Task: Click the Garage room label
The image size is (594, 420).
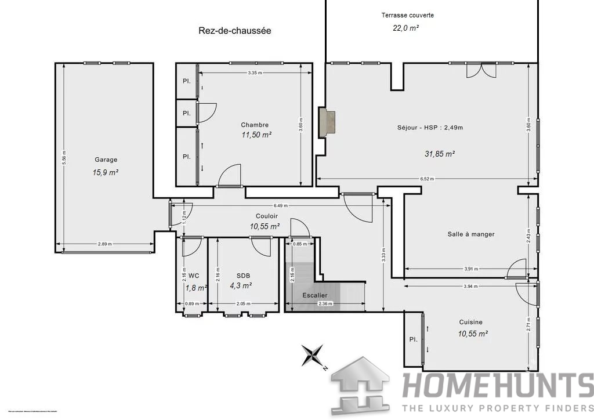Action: [106, 160]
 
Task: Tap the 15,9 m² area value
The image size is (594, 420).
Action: [106, 172]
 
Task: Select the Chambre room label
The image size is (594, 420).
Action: [255, 125]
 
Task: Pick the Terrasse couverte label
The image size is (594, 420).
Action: [408, 15]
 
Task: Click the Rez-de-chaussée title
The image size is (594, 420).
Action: [234, 31]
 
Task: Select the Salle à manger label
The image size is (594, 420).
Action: [471, 234]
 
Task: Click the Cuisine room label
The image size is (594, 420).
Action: [471, 322]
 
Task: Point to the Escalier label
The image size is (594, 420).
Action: [315, 295]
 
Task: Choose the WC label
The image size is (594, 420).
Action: [194, 276]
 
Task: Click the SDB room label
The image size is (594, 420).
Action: [244, 276]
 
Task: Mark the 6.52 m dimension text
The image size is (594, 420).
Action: [428, 179]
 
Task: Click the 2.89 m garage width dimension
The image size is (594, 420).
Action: [105, 244]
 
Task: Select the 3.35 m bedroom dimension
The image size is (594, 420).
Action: [254, 73]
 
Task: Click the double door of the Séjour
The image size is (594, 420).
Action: [481, 70]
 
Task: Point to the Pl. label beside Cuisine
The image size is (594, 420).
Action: [413, 339]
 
